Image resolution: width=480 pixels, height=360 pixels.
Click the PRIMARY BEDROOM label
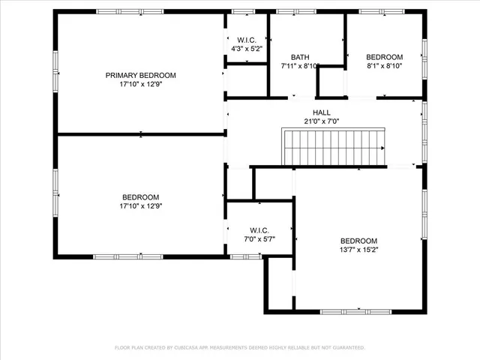click(x=140, y=75)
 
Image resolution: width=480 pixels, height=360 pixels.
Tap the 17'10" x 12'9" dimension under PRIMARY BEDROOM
click(x=140, y=85)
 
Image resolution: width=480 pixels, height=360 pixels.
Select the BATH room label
click(x=300, y=57)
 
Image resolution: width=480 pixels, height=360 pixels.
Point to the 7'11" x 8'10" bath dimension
click(x=300, y=66)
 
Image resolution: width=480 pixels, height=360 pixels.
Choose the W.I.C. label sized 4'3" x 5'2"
click(x=247, y=40)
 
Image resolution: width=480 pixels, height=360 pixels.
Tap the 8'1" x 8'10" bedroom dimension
click(x=384, y=66)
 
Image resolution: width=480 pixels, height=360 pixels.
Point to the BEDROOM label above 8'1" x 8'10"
click(x=384, y=57)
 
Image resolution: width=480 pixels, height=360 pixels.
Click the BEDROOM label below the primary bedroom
click(x=140, y=197)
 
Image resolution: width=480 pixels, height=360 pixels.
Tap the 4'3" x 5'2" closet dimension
click(x=247, y=49)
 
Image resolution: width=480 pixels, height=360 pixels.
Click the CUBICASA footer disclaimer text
click(x=239, y=347)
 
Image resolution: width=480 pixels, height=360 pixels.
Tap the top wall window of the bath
click(x=295, y=12)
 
